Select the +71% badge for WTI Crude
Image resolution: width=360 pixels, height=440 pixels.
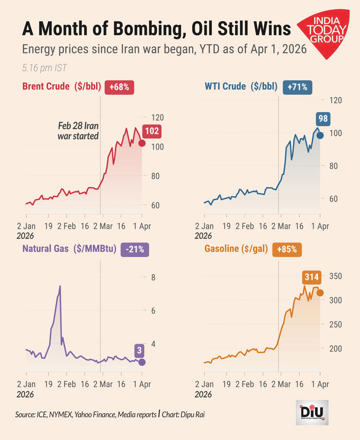298,87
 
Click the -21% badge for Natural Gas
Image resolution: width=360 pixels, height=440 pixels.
135,249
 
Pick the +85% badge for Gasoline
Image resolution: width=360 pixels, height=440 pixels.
287,249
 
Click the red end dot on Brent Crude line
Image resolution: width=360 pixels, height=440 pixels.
142,143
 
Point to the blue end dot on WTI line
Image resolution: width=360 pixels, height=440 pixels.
320,135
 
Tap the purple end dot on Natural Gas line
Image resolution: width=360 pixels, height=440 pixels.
142,362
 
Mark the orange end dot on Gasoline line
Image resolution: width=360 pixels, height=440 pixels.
320,293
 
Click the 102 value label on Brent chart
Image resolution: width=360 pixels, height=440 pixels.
151,131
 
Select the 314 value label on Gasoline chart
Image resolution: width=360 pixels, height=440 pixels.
311,278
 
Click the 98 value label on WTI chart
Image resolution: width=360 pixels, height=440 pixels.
322,119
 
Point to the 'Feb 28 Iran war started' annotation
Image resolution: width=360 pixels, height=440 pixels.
78,131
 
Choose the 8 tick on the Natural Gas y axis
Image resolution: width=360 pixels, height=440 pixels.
153,277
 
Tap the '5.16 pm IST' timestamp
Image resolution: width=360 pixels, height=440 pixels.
44,68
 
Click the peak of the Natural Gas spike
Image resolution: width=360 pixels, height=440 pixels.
60,286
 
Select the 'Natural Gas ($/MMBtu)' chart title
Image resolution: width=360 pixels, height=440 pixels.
69,249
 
